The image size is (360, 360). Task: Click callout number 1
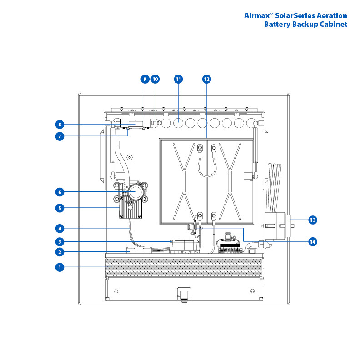(59, 267)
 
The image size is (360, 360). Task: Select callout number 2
(59, 252)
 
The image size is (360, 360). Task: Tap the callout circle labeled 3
(59, 241)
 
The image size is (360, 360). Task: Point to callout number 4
(59, 228)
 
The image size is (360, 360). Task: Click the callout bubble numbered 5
(59, 208)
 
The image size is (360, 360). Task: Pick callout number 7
(59, 135)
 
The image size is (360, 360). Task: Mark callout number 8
(59, 124)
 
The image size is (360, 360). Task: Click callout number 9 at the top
(145, 79)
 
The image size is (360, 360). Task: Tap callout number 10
(155, 79)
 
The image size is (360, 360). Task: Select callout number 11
(178, 79)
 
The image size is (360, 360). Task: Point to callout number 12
(206, 79)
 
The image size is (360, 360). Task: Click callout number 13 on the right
(312, 220)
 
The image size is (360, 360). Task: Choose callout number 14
(312, 241)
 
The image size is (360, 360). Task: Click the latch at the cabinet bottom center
(183, 294)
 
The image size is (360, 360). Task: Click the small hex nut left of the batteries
(130, 157)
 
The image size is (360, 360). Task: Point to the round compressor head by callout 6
(135, 193)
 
